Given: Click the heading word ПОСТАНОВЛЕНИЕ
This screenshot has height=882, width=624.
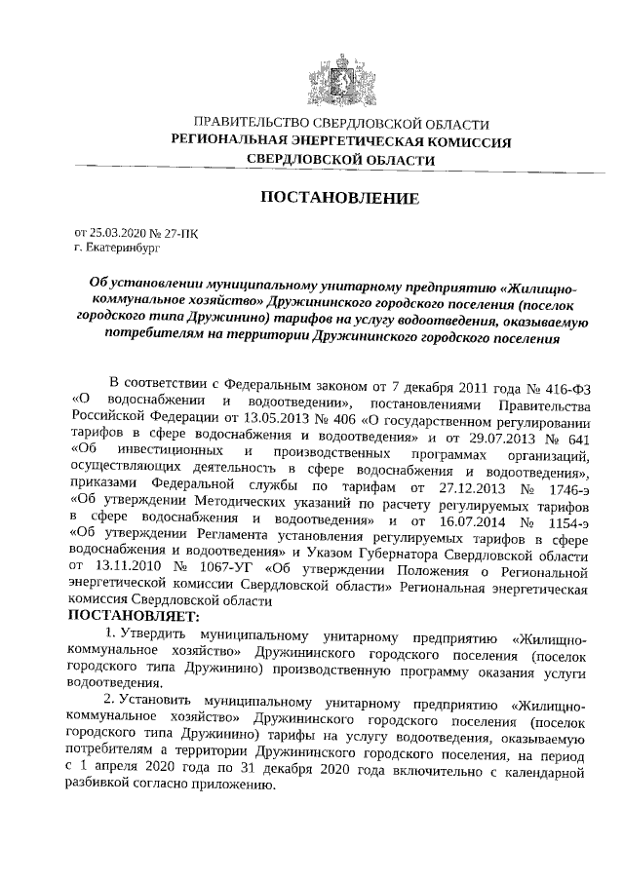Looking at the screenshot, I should click(339, 199).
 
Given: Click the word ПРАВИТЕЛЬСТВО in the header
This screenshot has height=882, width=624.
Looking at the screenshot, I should click(250, 124).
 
